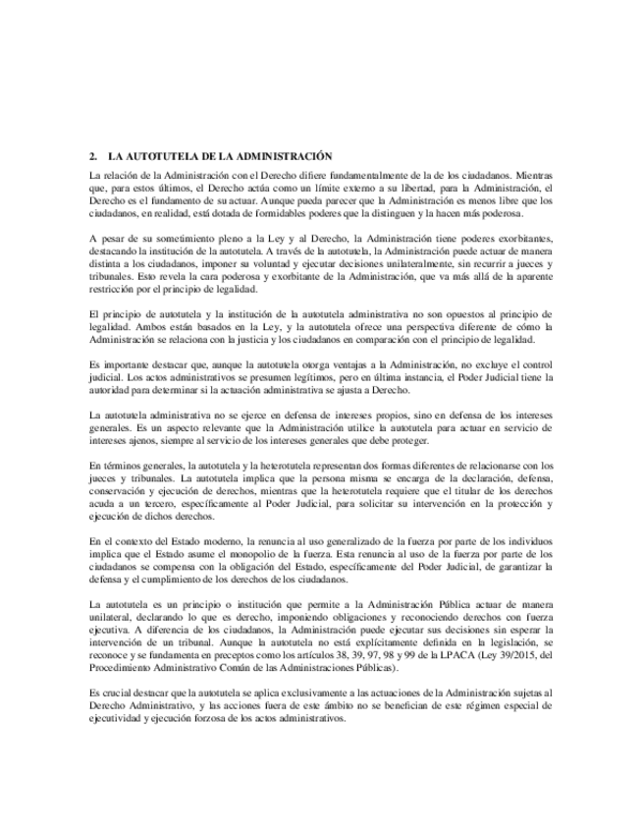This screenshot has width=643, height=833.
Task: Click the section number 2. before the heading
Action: (x=92, y=156)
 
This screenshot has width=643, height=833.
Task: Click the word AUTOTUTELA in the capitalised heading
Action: (x=156, y=156)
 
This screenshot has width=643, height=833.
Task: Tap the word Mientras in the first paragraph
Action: (x=534, y=174)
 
